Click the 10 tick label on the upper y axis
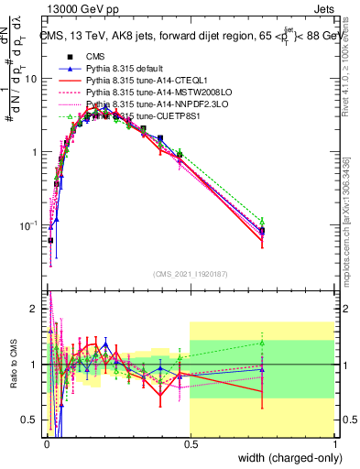[x=32, y=79]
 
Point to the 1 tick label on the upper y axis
[x=35, y=152]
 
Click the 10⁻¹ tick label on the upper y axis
[x=29, y=226]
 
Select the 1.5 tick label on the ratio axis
[x=31, y=335]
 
